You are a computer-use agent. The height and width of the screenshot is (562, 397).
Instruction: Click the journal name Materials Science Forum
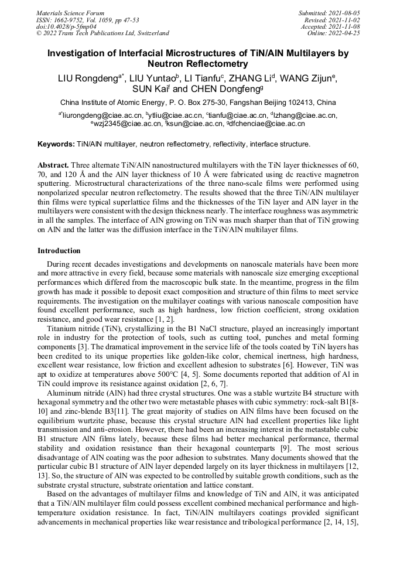(x=70, y=12)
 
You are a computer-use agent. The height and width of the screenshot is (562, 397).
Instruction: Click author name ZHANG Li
(x=248, y=78)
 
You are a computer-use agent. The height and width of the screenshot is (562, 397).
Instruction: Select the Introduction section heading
(x=59, y=251)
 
